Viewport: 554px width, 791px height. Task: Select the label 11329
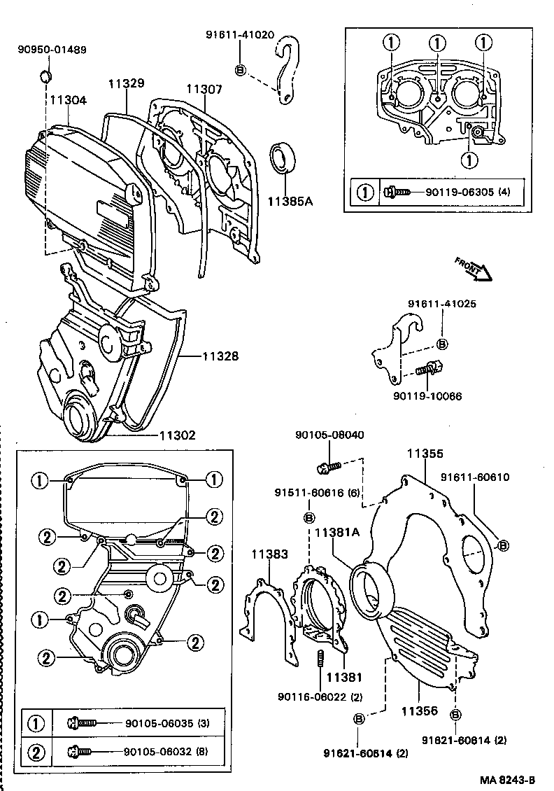[126, 83]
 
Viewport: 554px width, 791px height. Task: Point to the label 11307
[204, 89]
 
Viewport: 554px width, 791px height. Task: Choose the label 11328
[220, 356]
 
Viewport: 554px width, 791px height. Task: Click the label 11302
[177, 435]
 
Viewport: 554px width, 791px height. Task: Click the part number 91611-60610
[475, 477]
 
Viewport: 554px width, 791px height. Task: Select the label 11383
[269, 554]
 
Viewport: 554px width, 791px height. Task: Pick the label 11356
[419, 710]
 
